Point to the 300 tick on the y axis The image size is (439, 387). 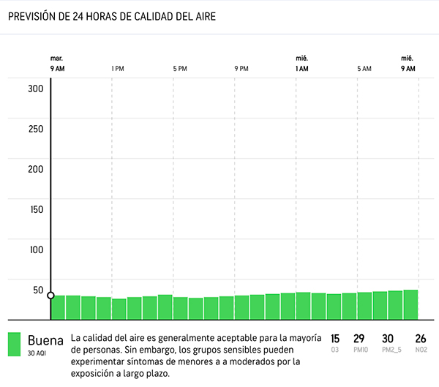tap(36, 89)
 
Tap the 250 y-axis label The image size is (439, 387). tap(36, 129)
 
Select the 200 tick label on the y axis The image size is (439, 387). tap(36, 169)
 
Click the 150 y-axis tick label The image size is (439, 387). tap(36, 209)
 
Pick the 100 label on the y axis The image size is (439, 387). tap(36, 249)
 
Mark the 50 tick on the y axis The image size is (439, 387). tap(38, 290)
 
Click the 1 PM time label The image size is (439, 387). tap(117, 69)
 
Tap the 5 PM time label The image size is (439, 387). tap(180, 69)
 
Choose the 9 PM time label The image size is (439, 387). tap(241, 69)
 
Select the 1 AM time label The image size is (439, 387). tap(301, 69)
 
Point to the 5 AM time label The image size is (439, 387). tap(364, 69)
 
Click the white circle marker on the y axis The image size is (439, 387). tap(50, 296)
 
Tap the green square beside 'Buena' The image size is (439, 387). tap(14, 345)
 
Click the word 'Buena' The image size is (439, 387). tap(45, 340)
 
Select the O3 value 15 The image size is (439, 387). tap(335, 339)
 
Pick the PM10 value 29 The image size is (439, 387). tap(359, 339)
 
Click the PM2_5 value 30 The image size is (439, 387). tap(388, 339)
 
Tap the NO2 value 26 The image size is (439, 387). tap(420, 339)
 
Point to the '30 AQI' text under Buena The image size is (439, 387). tap(37, 353)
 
